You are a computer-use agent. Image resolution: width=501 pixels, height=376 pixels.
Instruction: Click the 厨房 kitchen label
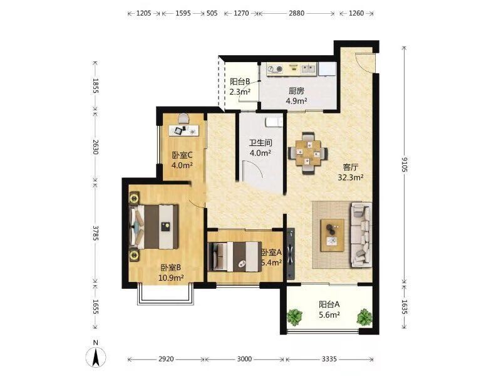tap(296, 91)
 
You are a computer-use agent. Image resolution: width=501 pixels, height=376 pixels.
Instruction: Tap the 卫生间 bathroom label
tap(261, 143)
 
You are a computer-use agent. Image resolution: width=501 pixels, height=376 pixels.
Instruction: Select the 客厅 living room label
tap(351, 167)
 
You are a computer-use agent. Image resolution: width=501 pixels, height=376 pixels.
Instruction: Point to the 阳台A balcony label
tap(329, 304)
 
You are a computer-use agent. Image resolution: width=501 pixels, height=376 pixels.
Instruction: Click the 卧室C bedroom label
tap(182, 155)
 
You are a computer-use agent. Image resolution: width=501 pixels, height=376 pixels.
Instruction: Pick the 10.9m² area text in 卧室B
tap(171, 278)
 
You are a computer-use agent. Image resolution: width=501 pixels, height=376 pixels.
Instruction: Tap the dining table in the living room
tap(307, 153)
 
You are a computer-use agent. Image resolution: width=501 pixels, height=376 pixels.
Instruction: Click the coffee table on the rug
tap(333, 235)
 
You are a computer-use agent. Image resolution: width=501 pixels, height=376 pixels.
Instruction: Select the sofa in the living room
tap(361, 234)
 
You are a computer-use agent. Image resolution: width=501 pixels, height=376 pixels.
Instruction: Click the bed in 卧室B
tap(153, 227)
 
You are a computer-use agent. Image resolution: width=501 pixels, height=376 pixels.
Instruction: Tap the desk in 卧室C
tap(183, 130)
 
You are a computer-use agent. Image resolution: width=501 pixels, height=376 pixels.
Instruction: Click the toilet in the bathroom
tap(274, 122)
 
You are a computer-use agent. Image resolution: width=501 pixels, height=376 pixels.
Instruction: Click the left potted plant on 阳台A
tap(294, 316)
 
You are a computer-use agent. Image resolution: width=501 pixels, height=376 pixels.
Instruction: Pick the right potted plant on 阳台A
tap(364, 316)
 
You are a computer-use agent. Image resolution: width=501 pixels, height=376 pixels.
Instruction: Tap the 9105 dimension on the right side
tap(404, 164)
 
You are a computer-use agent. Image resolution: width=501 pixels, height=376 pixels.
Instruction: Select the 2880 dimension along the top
tap(296, 13)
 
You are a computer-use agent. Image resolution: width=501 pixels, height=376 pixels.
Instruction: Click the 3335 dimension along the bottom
tap(329, 359)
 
